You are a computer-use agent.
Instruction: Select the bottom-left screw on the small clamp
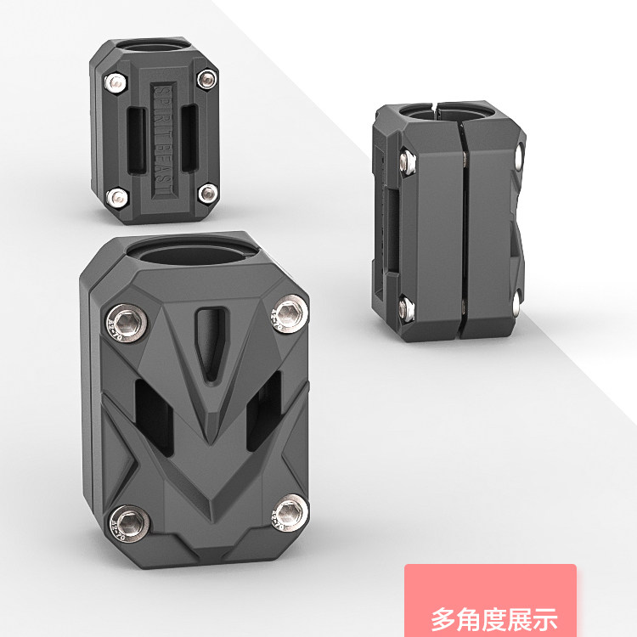click(115, 198)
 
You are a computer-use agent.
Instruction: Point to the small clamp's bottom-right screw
click(206, 193)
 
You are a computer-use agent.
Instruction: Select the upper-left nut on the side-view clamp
click(408, 158)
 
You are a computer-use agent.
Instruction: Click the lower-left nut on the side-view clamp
click(406, 307)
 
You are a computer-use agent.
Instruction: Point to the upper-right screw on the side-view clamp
click(518, 156)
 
